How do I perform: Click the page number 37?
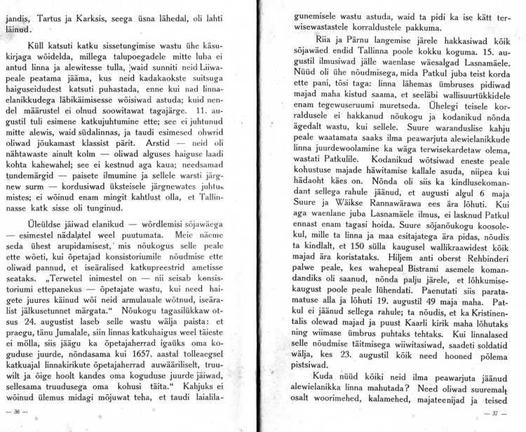pyautogui.click(x=497, y=413)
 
